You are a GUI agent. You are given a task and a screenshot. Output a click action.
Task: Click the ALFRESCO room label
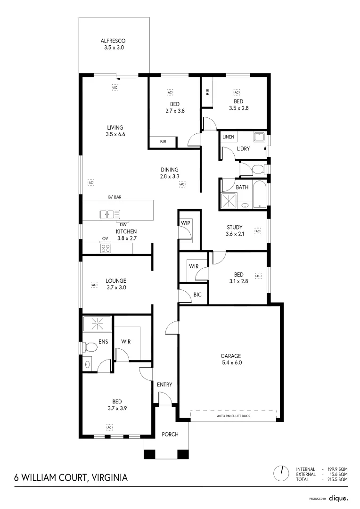115,41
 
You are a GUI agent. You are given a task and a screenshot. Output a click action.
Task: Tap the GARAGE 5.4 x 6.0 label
231,359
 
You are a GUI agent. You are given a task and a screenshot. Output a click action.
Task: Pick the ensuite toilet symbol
90,347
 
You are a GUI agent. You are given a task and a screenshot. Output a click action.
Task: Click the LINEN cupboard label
229,137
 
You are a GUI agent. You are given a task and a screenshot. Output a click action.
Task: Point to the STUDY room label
234,228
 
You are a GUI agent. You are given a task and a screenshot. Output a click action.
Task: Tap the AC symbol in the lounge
93,285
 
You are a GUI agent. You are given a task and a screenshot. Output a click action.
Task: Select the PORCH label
170,434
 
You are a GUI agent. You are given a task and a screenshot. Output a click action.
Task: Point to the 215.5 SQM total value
337,479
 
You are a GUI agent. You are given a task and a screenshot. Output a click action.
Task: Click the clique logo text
338,498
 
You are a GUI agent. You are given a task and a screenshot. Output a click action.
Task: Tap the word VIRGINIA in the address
108,477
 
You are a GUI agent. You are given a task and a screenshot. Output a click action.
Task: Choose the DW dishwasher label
123,224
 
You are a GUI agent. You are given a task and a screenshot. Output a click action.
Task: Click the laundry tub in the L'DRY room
259,137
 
